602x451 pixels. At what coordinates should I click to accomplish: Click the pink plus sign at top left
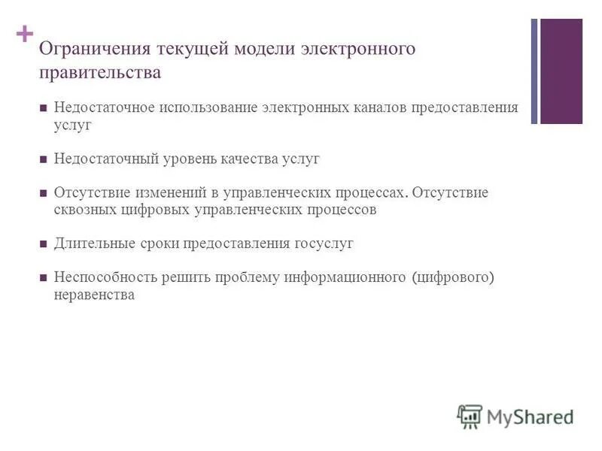tap(25, 34)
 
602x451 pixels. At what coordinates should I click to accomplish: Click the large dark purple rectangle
tap(561, 71)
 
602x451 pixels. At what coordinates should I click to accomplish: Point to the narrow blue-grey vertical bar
tap(534, 71)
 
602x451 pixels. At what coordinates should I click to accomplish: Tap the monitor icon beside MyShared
tap(470, 416)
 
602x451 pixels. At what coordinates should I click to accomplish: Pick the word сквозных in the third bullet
tap(84, 210)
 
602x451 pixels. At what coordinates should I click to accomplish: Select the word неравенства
tap(94, 295)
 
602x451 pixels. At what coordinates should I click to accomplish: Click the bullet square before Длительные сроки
tap(44, 244)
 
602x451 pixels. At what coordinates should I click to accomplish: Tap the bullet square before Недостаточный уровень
tap(44, 160)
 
